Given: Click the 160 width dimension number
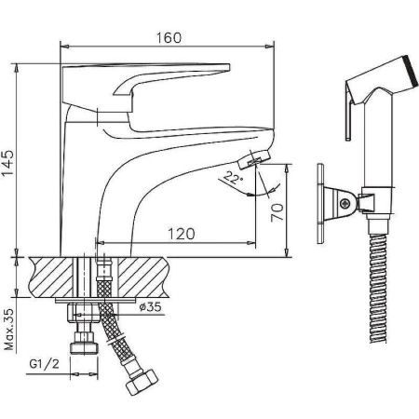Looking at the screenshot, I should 168,36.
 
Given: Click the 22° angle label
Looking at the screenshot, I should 233,178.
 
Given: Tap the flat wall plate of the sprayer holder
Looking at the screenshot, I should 320,197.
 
